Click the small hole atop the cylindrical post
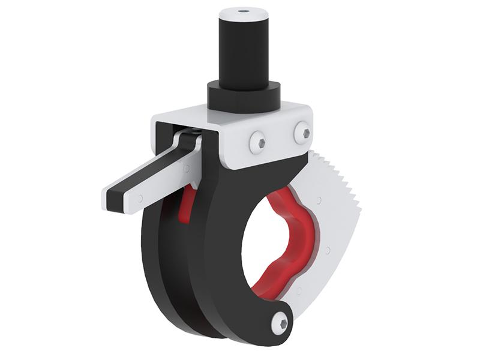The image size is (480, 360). coord(244,11)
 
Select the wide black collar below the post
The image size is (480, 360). coord(244,96)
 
